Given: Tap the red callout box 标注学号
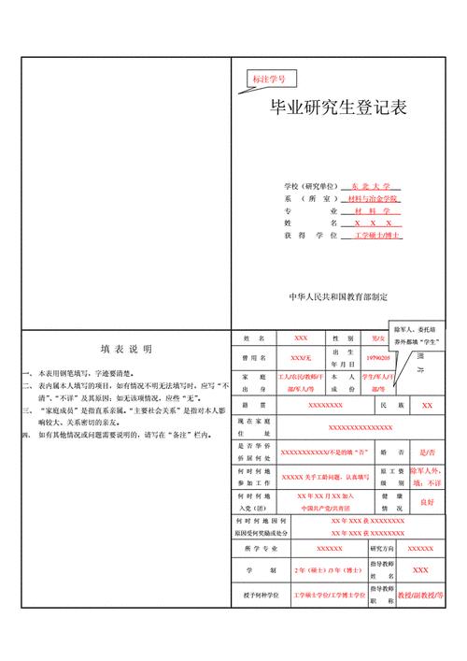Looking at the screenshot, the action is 270,80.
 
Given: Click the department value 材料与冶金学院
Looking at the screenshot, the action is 373,199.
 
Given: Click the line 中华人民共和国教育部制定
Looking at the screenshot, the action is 338,295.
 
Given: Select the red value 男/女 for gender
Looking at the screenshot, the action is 376,338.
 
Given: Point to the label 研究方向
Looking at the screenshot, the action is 385,548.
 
